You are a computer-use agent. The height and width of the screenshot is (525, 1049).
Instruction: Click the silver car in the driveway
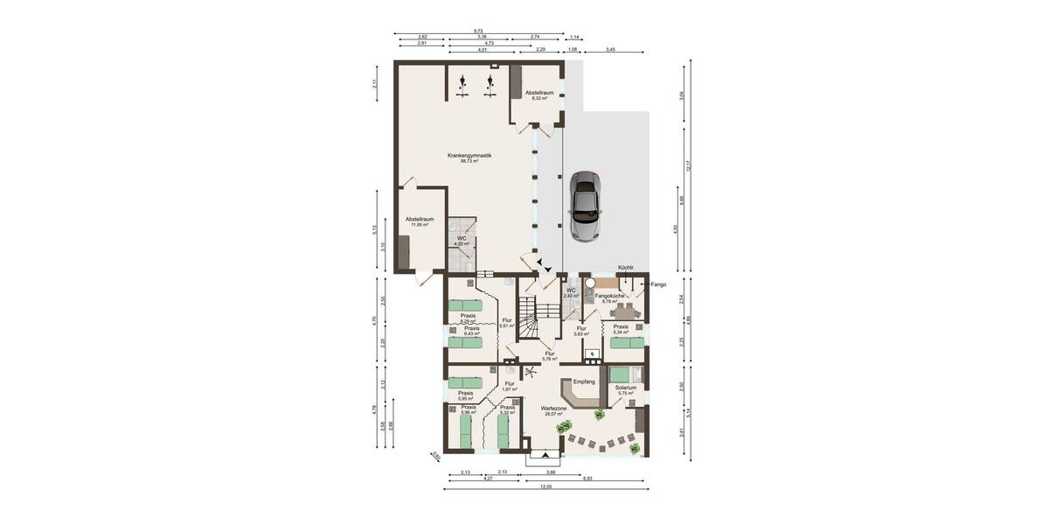click(585, 206)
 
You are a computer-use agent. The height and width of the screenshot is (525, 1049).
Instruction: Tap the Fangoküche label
click(609, 297)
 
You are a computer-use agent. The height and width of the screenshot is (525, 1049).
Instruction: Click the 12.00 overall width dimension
click(545, 486)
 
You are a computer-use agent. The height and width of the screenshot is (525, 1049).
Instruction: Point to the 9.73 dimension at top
click(478, 31)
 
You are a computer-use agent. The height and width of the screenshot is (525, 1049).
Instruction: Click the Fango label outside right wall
click(656, 284)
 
